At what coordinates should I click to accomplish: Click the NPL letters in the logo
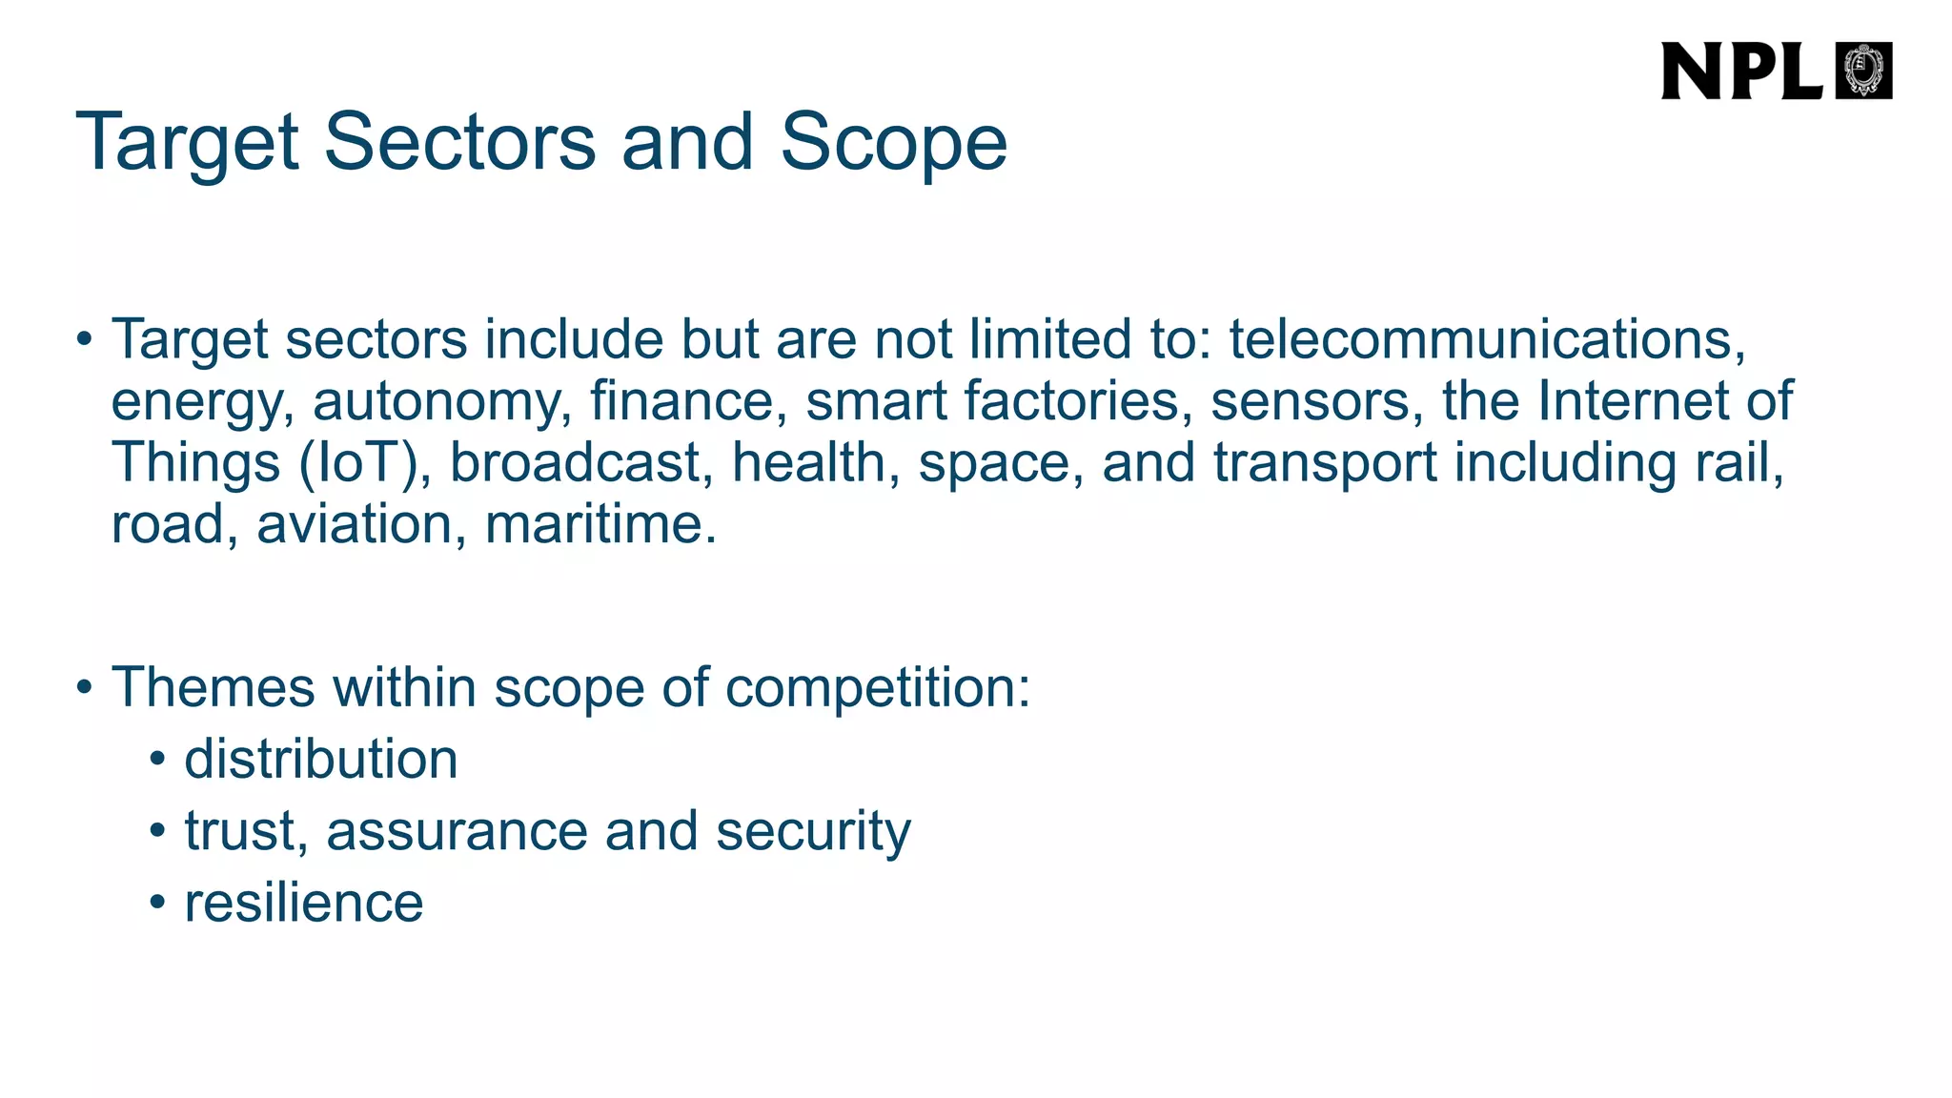click(1740, 71)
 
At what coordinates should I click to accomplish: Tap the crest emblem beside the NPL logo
click(1863, 71)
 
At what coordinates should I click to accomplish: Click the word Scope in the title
click(893, 143)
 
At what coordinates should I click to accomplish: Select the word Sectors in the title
click(459, 143)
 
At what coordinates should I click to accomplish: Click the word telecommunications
click(1487, 339)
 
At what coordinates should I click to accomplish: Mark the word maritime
click(600, 524)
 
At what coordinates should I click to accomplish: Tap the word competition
click(877, 688)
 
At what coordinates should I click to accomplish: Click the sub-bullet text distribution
click(321, 760)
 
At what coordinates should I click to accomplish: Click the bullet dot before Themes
click(85, 687)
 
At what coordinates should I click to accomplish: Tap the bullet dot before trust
click(158, 831)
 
